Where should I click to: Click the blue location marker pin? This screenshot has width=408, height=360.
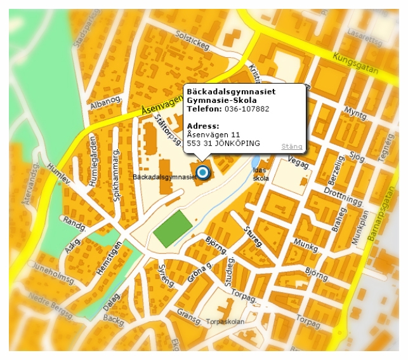coord(202,172)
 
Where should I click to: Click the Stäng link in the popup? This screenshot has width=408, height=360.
coord(292,147)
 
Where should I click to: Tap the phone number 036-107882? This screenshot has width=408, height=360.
coord(248,109)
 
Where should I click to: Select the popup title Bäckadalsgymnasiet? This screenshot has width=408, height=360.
coord(230,92)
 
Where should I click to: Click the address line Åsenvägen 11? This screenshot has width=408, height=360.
coord(213,135)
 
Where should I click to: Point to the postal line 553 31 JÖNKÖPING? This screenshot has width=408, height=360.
coord(223,143)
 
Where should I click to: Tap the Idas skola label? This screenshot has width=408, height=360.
coord(261,175)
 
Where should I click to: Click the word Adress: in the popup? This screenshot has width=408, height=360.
coord(203,126)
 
